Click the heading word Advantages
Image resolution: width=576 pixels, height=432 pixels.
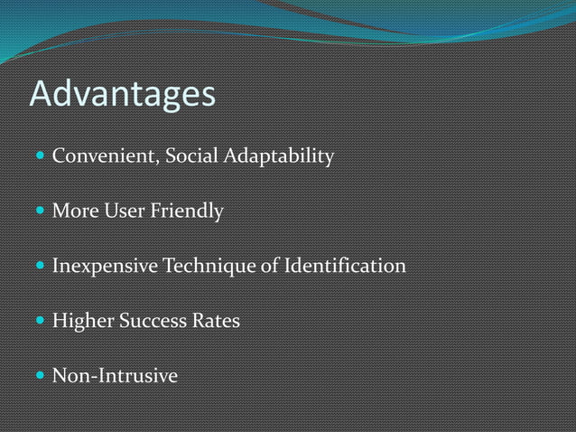(x=123, y=95)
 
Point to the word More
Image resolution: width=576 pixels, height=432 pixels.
(x=75, y=211)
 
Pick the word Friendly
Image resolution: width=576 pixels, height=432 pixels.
(x=187, y=212)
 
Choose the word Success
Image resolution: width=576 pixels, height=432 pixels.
(x=153, y=321)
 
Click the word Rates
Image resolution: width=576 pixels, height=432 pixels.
(x=217, y=321)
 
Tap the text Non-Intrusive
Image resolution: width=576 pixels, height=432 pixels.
(x=115, y=375)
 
